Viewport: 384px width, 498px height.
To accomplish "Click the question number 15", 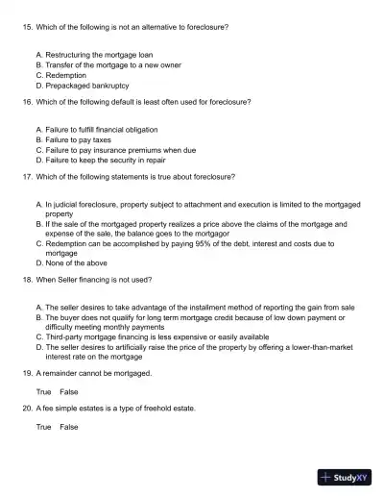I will [x=26, y=27].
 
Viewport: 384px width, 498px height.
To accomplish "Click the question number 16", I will [x=26, y=102].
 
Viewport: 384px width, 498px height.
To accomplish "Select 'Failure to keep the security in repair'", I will [x=105, y=160].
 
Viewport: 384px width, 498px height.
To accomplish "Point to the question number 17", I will [x=26, y=177].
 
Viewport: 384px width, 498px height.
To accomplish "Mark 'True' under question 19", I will [x=43, y=391].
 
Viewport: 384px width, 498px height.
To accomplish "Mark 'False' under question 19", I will [x=68, y=391].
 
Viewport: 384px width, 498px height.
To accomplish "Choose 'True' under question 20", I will [x=43, y=426].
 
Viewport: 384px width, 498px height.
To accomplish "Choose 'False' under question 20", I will [x=68, y=426].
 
